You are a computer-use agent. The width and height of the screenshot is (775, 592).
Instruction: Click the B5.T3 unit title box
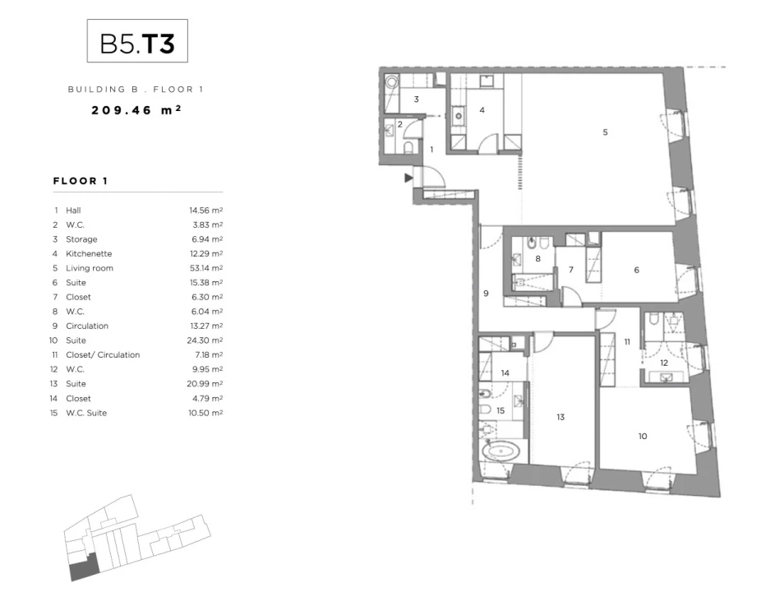pyautogui.click(x=137, y=40)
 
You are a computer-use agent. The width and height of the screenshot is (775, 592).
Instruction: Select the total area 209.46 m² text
pyautogui.click(x=136, y=110)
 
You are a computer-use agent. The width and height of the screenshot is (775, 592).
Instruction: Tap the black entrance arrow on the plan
pyautogui.click(x=408, y=178)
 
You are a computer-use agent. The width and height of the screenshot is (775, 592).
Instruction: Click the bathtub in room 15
pyautogui.click(x=501, y=451)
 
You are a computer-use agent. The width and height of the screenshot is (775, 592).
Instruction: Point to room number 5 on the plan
pyautogui.click(x=605, y=132)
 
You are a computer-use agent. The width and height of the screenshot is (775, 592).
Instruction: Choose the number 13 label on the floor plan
pyautogui.click(x=560, y=417)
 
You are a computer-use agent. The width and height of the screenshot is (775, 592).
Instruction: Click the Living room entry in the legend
pyautogui.click(x=90, y=268)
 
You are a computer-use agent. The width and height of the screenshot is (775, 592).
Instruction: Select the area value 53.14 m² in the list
pyautogui.click(x=206, y=268)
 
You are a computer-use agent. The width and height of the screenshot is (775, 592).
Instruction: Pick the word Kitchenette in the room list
pyautogui.click(x=89, y=254)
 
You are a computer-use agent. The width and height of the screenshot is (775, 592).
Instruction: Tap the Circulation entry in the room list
pyautogui.click(x=87, y=326)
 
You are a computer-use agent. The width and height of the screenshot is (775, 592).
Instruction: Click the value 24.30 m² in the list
pyautogui.click(x=205, y=340)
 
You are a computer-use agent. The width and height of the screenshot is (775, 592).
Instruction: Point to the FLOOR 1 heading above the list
pyautogui.click(x=80, y=181)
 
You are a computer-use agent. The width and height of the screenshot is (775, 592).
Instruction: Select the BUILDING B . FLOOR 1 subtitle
pyautogui.click(x=136, y=90)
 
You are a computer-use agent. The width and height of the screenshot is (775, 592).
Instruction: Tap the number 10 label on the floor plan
pyautogui.click(x=643, y=437)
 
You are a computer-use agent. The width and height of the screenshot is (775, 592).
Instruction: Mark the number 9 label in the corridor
pyautogui.click(x=486, y=294)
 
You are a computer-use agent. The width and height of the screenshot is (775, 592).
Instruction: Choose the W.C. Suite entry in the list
pyautogui.click(x=86, y=413)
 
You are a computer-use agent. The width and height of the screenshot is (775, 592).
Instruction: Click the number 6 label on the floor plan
pyautogui.click(x=637, y=270)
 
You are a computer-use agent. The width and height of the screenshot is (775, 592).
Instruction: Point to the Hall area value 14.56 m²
pyautogui.click(x=206, y=210)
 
